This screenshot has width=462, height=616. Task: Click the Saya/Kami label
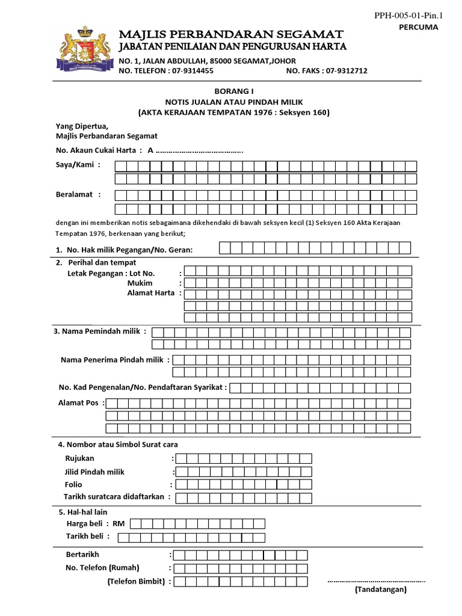click(x=75, y=165)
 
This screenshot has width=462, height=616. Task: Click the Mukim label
click(x=140, y=283)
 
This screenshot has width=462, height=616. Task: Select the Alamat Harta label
click(x=150, y=293)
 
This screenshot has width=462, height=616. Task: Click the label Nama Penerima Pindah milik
click(x=114, y=360)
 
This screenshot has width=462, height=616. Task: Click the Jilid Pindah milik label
click(x=95, y=472)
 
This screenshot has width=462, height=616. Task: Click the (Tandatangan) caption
click(x=380, y=590)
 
